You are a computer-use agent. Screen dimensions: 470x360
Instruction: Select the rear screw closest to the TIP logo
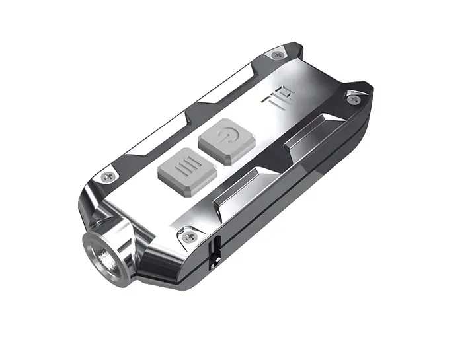[x=277, y=55]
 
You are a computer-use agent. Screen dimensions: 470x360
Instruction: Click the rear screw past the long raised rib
[x=353, y=99]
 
